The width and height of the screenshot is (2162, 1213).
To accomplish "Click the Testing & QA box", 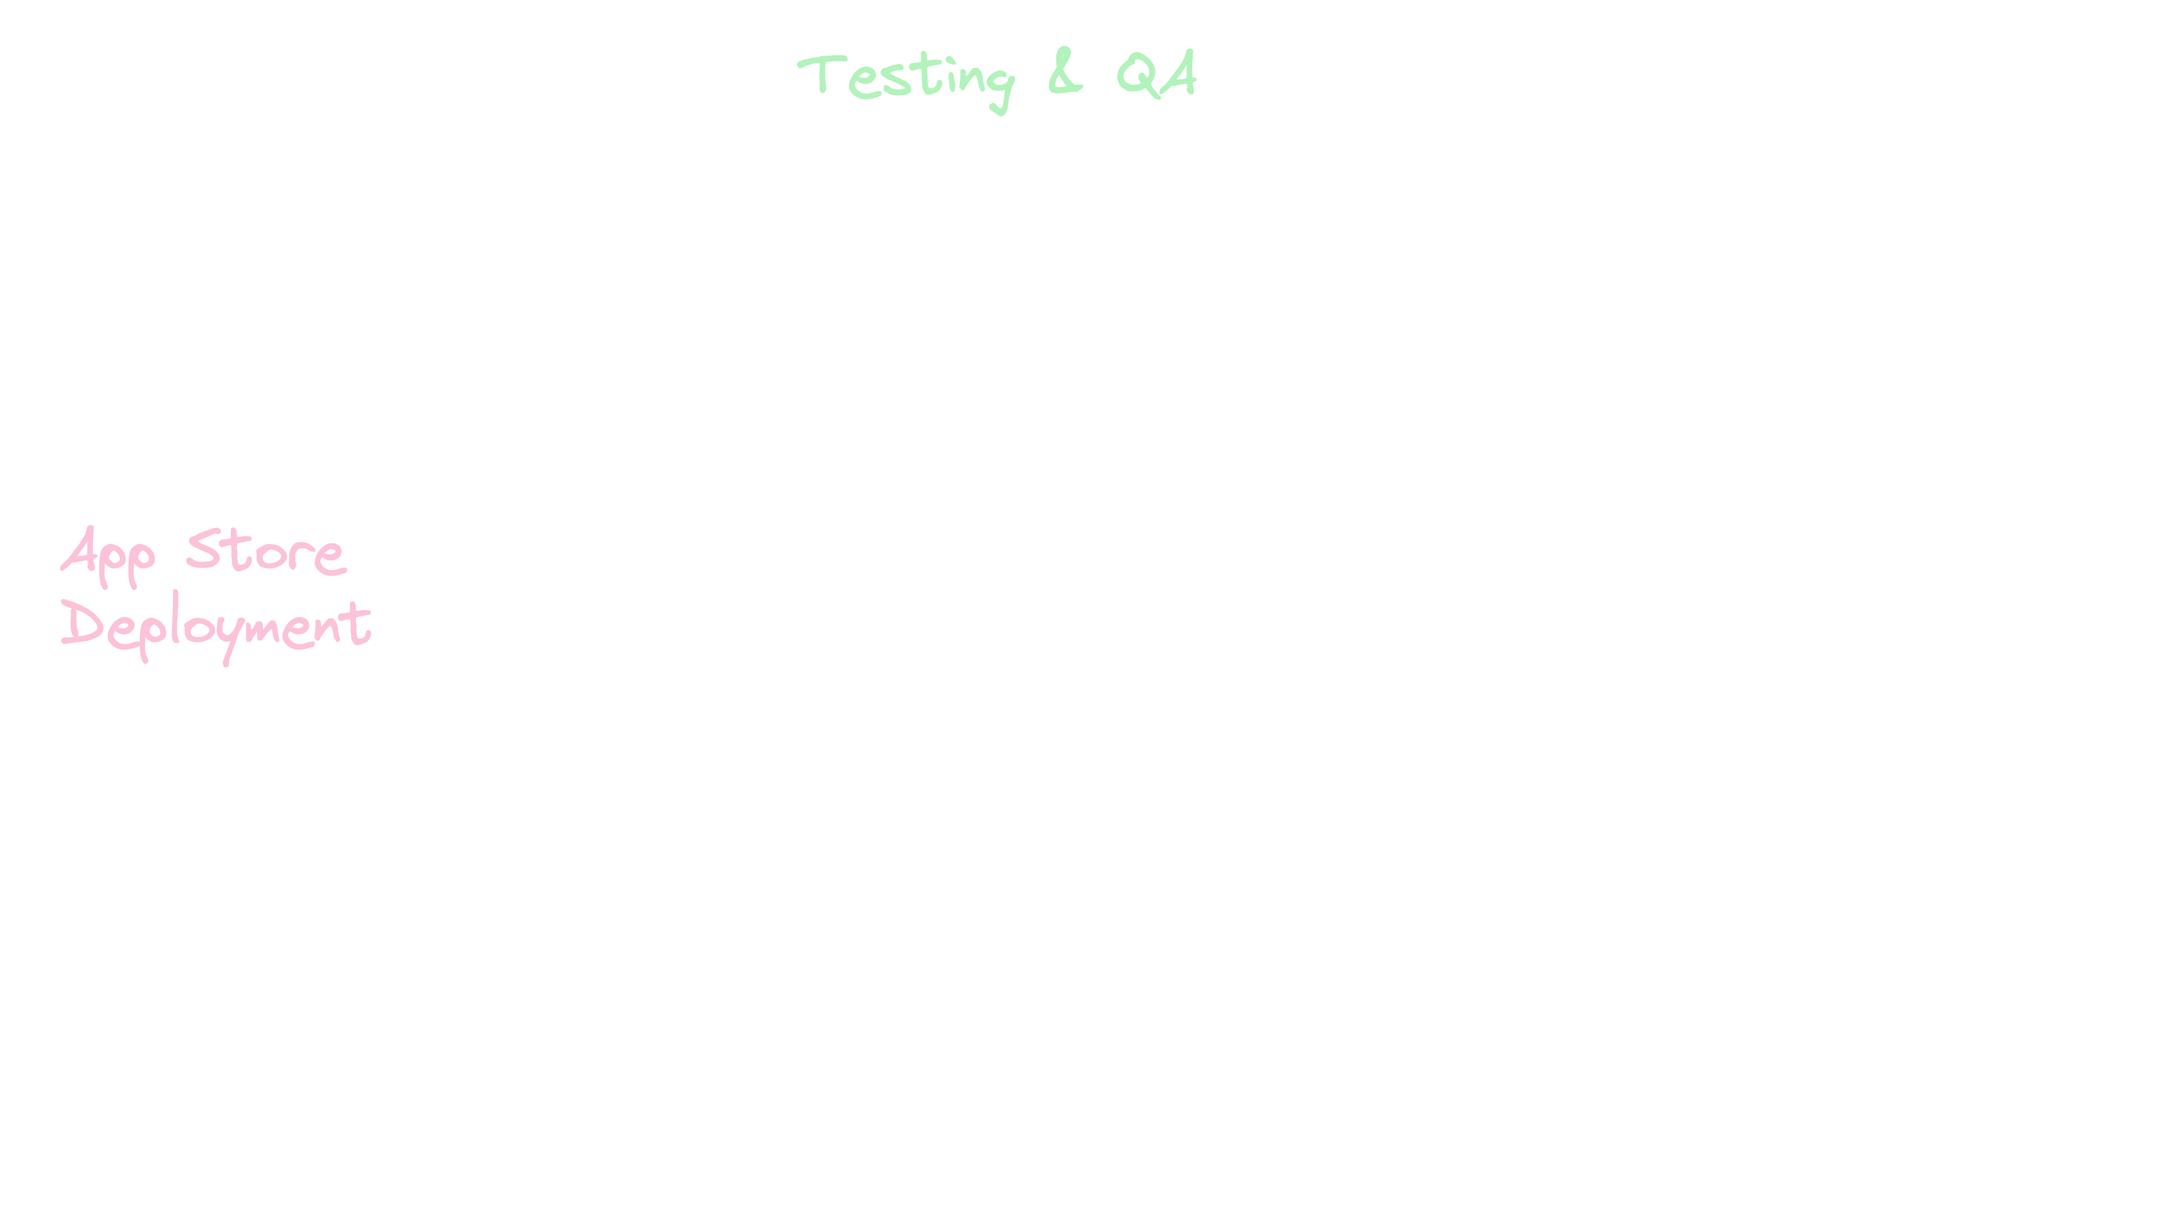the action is (997, 76).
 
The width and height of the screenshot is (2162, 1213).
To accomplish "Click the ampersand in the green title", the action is (1064, 76).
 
